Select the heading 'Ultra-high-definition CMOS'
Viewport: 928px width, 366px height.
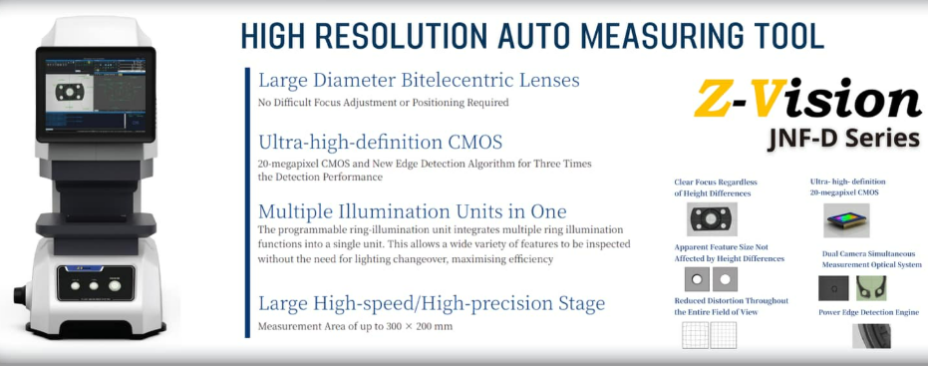pyautogui.click(x=380, y=142)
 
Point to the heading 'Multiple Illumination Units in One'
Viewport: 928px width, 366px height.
pyautogui.click(x=412, y=211)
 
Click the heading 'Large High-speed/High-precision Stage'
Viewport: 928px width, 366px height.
pyautogui.click(x=431, y=303)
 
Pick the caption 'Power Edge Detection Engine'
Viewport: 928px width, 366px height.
pyautogui.click(x=868, y=312)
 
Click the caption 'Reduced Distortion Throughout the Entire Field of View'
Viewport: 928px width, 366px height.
pyautogui.click(x=731, y=306)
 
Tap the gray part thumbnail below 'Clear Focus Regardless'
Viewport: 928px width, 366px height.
pyautogui.click(x=710, y=217)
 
